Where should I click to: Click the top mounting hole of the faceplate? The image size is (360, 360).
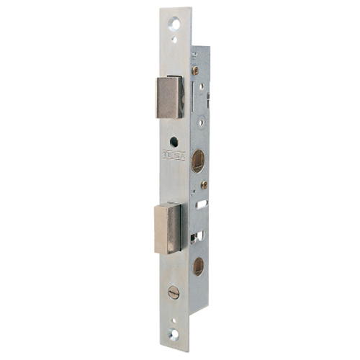click(x=175, y=24)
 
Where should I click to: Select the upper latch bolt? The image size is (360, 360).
click(x=170, y=97)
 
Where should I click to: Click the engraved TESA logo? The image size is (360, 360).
click(x=174, y=155)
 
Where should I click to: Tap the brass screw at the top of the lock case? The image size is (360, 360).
click(x=195, y=71)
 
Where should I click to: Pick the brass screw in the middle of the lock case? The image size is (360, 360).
click(x=204, y=185)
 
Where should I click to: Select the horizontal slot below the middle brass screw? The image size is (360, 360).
click(x=202, y=204)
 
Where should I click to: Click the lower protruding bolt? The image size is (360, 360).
click(x=168, y=228)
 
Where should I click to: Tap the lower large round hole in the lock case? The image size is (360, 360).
click(x=198, y=266)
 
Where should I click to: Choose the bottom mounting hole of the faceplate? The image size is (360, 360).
click(x=174, y=335)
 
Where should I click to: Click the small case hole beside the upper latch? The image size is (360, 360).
click(x=202, y=86)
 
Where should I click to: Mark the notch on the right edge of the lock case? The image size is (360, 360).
click(x=208, y=100)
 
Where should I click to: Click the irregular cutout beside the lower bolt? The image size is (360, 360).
click(x=196, y=236)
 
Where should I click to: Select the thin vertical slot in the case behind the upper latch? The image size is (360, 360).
click(x=193, y=94)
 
